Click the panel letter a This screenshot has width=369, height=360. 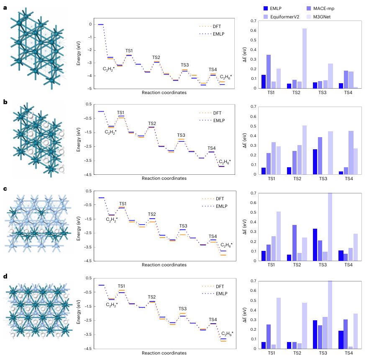[5, 7]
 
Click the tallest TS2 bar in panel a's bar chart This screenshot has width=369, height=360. [304, 58]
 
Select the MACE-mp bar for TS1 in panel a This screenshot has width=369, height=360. [269, 71]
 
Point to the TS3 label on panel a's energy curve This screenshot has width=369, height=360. [184, 65]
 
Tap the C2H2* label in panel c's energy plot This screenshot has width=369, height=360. [112, 219]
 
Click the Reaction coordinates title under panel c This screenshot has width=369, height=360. [164, 265]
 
